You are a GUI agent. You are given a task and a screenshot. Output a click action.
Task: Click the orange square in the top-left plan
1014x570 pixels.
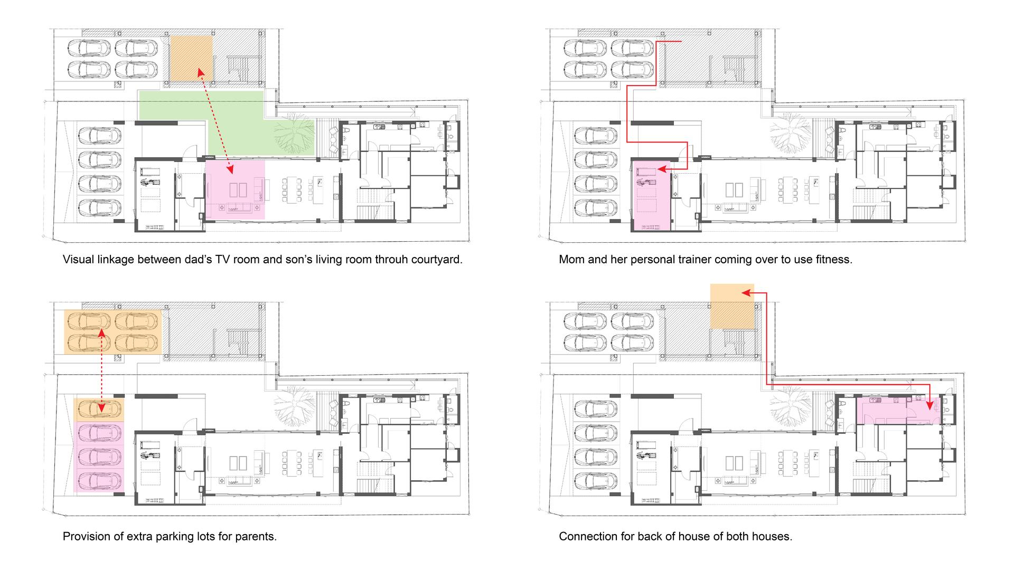point(191,58)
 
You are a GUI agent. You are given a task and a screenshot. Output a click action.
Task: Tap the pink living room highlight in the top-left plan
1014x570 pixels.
point(234,189)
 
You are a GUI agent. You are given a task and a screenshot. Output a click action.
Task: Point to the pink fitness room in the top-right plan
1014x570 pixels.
point(651,195)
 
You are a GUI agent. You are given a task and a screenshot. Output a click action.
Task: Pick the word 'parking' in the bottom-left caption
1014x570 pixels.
point(176,537)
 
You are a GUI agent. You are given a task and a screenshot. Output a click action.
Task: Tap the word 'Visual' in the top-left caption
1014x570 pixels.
point(78,260)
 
